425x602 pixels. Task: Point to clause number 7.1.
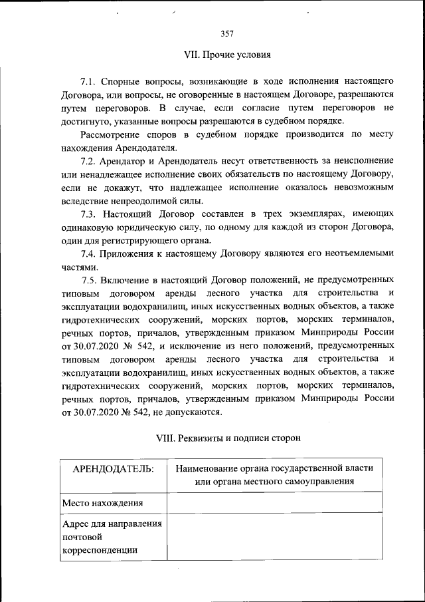tap(90, 82)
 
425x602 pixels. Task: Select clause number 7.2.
tap(90, 162)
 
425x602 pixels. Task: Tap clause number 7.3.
tap(90, 215)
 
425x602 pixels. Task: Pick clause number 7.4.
tap(90, 253)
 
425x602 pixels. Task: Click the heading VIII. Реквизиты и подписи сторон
tap(228, 438)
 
